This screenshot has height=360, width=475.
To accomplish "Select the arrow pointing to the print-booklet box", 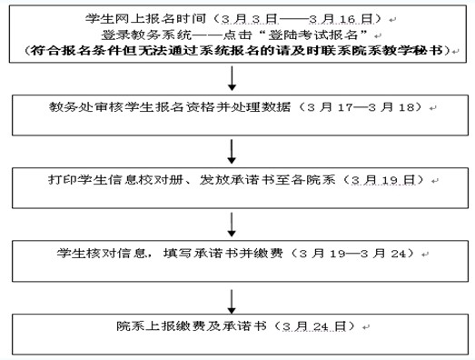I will (x=235, y=149).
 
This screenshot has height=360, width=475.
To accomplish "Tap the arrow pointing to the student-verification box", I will (x=235, y=222).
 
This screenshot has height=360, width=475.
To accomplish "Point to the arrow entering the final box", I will (x=235, y=297).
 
